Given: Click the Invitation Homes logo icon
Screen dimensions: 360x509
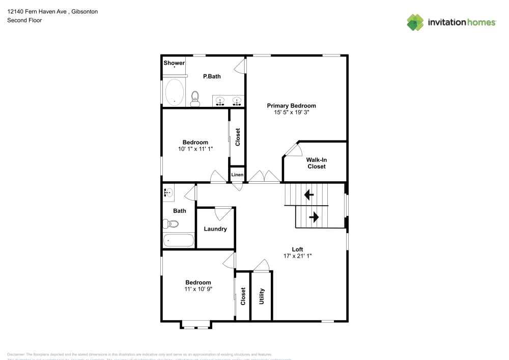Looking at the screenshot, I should (x=415, y=22).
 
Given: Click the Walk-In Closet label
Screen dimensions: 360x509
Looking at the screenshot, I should (x=316, y=163).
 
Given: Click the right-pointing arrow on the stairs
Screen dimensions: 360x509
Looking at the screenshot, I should (x=314, y=217).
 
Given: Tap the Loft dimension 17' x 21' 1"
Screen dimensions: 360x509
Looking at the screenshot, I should (x=297, y=256).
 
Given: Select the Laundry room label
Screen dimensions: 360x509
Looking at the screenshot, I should (x=215, y=229).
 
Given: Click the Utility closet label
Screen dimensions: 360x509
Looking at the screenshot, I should (x=262, y=296).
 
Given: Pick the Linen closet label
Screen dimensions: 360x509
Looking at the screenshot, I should (x=237, y=175).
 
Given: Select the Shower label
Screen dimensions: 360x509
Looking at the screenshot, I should (x=174, y=63).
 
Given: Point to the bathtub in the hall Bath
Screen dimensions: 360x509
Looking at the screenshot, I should (x=178, y=240).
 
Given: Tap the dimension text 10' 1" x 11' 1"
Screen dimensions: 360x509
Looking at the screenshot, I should (x=195, y=149).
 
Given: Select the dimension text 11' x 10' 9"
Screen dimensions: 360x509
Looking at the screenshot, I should (x=198, y=289).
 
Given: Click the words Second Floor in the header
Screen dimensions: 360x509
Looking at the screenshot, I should (x=24, y=20).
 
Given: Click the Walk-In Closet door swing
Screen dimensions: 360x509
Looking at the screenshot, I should (x=294, y=149).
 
